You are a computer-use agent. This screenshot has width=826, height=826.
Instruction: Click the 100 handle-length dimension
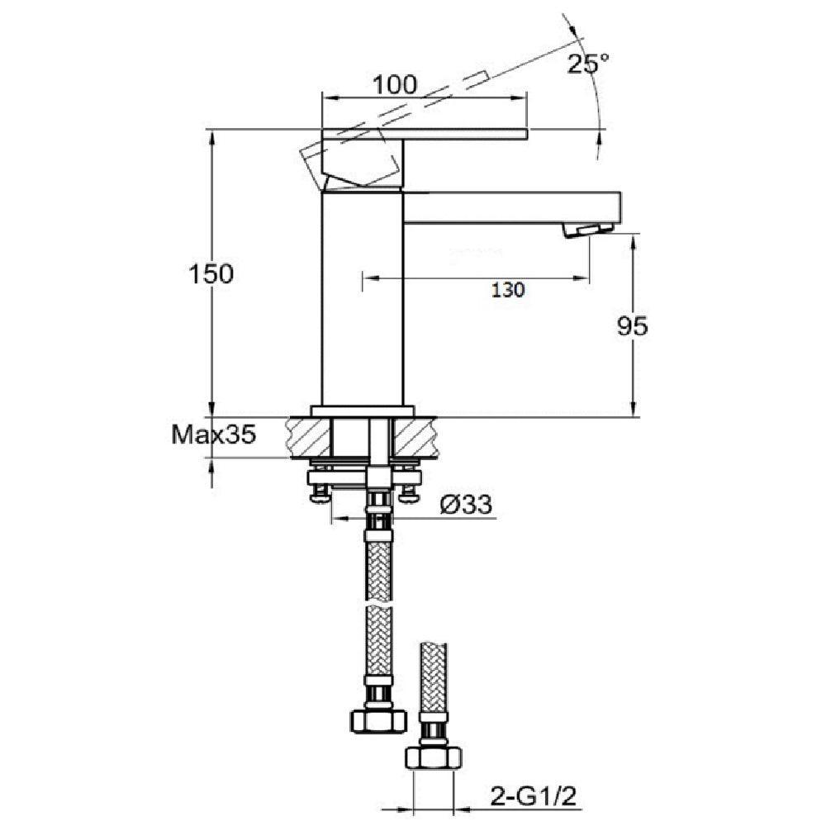395,84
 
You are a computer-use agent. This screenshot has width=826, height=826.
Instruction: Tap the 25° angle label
588,64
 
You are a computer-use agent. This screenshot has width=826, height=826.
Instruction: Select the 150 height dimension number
211,274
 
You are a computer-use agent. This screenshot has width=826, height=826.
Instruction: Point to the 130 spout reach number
508,290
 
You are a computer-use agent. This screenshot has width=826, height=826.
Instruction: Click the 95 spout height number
632,326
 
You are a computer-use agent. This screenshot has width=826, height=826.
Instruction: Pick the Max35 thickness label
214,434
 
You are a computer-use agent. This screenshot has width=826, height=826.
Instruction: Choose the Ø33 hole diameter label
466,505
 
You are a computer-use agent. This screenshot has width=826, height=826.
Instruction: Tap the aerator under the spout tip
588,230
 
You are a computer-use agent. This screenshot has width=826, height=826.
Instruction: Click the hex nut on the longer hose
378,720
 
